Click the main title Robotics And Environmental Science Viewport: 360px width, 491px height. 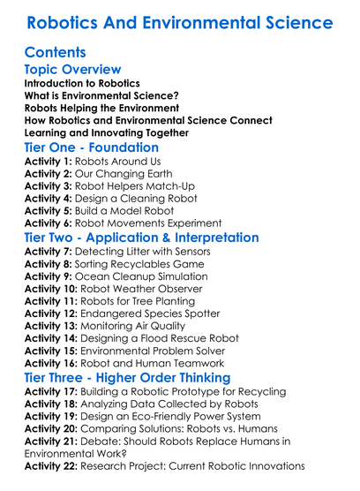[180, 21]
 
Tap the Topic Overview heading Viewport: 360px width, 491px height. [72, 70]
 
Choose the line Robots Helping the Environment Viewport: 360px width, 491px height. [101, 108]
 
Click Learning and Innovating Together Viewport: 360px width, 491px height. [106, 132]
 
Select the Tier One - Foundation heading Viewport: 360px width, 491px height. [91, 148]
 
